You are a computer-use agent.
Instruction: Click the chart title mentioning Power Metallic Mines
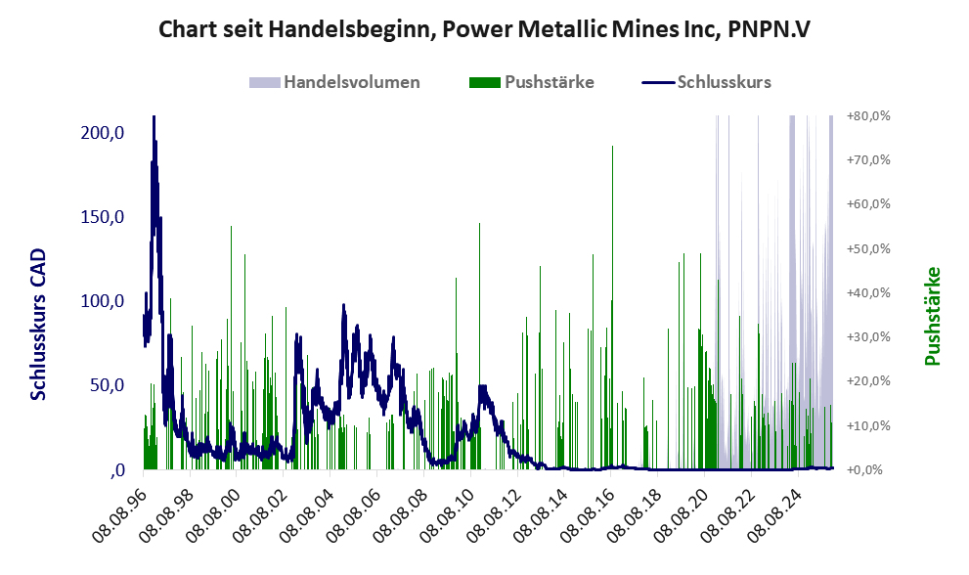(484, 29)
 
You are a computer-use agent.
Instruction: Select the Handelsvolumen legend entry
(351, 82)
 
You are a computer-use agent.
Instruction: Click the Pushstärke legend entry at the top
(548, 82)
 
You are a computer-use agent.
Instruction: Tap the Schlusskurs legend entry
(724, 82)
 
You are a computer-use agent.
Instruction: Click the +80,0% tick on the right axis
(868, 116)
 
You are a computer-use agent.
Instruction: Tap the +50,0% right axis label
(868, 248)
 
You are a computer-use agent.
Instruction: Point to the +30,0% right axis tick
(868, 337)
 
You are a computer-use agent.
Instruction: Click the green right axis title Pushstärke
(932, 316)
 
